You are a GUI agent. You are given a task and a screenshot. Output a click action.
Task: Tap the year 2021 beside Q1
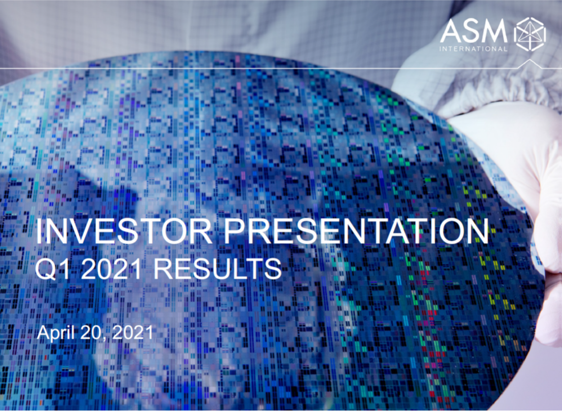pos(112,269)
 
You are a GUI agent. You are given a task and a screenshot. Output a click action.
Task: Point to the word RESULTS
pos(218,269)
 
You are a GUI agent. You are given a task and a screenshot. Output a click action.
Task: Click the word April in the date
pos(56,333)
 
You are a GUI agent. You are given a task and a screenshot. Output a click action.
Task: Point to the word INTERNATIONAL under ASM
pos(474,49)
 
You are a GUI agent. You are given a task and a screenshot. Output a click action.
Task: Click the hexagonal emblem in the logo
pos(530,34)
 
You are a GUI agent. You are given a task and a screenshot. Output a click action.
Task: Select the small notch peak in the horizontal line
pos(530,60)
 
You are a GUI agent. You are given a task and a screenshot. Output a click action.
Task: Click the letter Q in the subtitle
pos(46,269)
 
